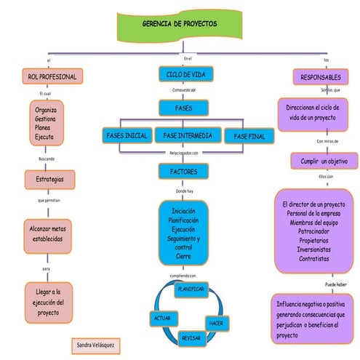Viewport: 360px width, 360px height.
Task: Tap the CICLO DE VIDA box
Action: [x=185, y=74]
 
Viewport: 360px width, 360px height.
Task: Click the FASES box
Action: [x=184, y=108]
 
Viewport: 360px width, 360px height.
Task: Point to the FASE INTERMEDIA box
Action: [x=188, y=135]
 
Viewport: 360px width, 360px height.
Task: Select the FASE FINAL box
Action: [x=249, y=136]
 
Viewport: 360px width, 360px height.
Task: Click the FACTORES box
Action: [x=184, y=172]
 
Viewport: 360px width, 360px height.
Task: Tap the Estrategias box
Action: [x=49, y=178]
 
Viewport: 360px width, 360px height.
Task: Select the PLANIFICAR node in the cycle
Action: [x=191, y=289]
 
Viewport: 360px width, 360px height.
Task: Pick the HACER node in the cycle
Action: [x=215, y=321]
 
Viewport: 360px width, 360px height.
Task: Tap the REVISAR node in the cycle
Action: [x=191, y=337]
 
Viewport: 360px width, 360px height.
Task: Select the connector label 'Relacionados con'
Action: [x=184, y=153]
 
